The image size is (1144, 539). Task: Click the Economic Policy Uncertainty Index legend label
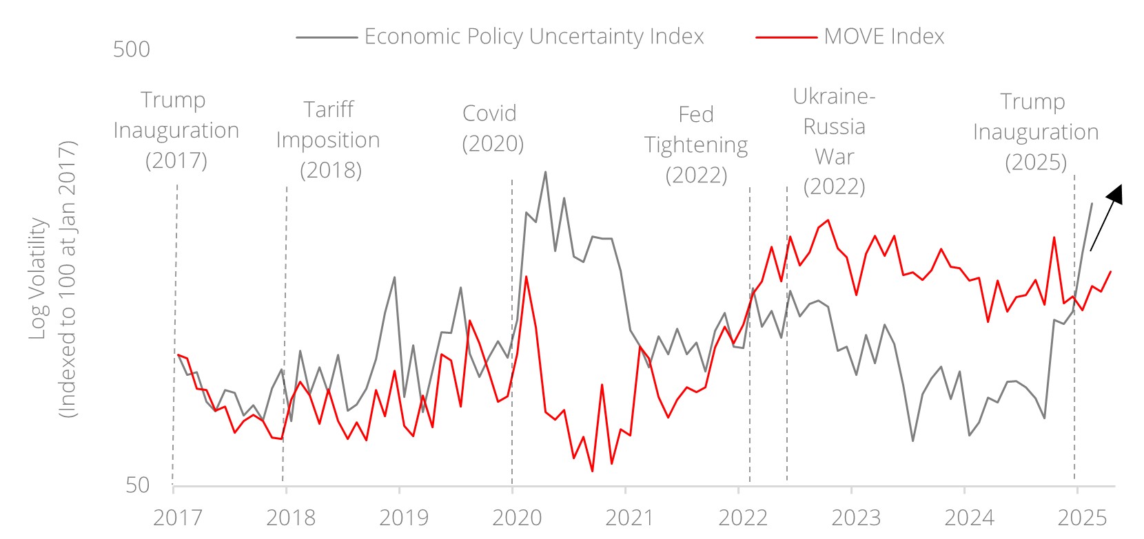[x=533, y=36]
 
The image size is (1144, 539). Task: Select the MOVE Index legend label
[x=883, y=36]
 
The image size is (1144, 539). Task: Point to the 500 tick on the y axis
[x=132, y=50]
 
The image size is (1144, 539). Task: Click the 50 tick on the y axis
[x=137, y=485]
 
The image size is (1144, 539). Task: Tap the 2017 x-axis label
[x=178, y=518]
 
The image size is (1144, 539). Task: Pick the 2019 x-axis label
[x=404, y=518]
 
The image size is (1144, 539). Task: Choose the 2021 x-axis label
[x=630, y=518]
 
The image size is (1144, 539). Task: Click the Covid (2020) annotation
[x=493, y=128]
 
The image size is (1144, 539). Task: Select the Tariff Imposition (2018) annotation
[x=329, y=140]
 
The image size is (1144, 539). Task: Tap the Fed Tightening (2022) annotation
[x=696, y=145]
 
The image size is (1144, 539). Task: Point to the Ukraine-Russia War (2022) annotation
[x=834, y=141]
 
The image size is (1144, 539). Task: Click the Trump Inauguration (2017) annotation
[x=176, y=130]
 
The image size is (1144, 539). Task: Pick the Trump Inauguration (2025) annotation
[x=1035, y=131]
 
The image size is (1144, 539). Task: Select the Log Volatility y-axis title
[x=53, y=279]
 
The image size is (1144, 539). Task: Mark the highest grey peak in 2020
[x=545, y=171]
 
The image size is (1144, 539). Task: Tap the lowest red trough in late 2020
[x=592, y=472]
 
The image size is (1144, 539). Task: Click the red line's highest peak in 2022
[x=828, y=220]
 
